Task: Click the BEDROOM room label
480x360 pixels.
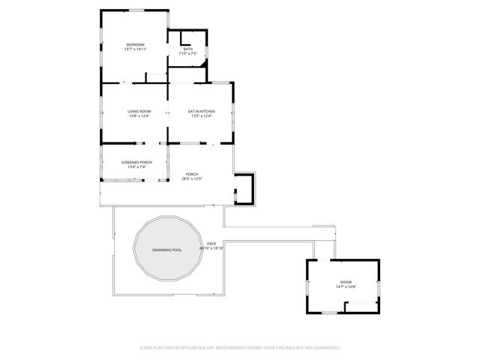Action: pyautogui.click(x=135, y=44)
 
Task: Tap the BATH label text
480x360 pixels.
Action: pyautogui.click(x=187, y=49)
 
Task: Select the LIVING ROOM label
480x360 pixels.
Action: pyautogui.click(x=139, y=111)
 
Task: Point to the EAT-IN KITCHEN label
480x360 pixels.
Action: pyautogui.click(x=201, y=111)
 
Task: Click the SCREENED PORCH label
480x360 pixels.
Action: pyautogui.click(x=136, y=162)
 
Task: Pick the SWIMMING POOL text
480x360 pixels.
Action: pyautogui.click(x=166, y=250)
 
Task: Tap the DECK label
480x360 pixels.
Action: pyautogui.click(x=211, y=243)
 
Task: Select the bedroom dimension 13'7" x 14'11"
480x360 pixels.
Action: pyautogui.click(x=135, y=49)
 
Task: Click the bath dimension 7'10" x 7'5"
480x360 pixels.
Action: pyautogui.click(x=187, y=54)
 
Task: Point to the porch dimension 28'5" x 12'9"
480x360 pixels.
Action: pyautogui.click(x=192, y=179)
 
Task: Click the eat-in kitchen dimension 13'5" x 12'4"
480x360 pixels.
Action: pyautogui.click(x=201, y=116)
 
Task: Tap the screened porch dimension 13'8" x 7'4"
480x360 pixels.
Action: pyautogui.click(x=136, y=167)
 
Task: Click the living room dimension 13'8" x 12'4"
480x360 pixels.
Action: pyautogui.click(x=139, y=116)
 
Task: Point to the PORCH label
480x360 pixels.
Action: pyautogui.click(x=192, y=174)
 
